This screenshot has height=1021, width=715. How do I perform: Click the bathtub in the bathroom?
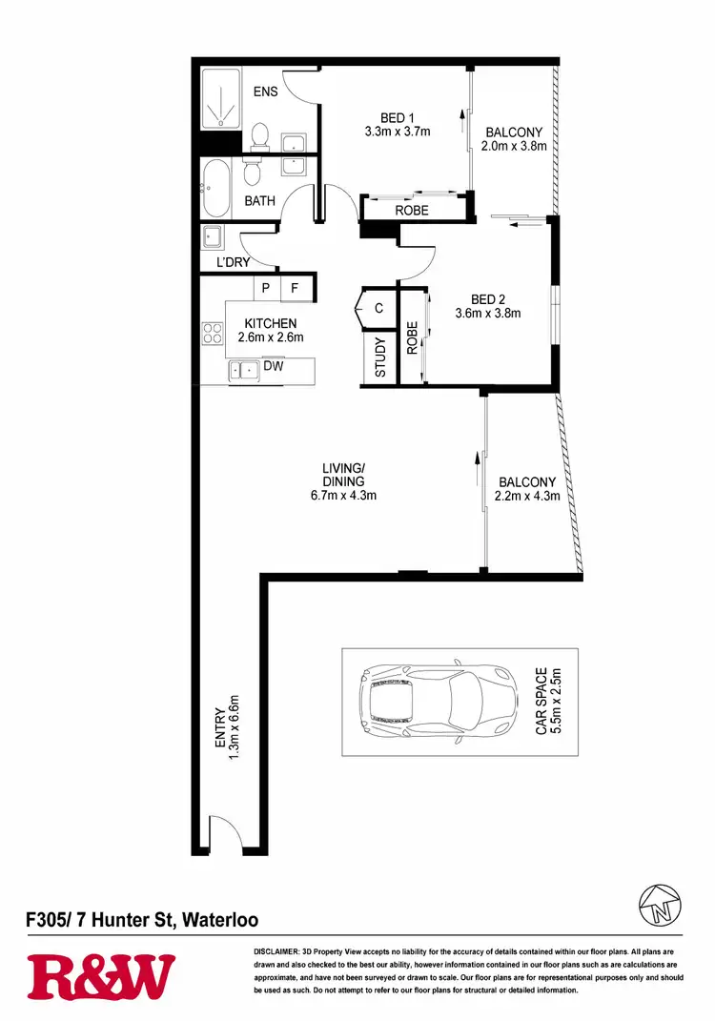pos(215,188)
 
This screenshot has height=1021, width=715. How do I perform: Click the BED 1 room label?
pos(398,118)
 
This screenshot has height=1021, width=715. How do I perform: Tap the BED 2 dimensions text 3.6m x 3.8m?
pos(488,312)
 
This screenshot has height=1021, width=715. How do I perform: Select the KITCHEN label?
pos(270,323)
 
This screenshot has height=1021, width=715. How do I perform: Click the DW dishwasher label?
pos(275,366)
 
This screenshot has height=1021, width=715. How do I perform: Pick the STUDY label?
pos(379,358)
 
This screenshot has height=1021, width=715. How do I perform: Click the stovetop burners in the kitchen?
pos(212,334)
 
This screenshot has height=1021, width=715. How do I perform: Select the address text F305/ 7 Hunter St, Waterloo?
pos(141,921)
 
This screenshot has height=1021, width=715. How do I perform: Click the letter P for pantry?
pos(266,288)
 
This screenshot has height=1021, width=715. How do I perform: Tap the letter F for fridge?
pos(296,288)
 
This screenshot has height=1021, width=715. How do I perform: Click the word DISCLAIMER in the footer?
pos(276,952)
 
